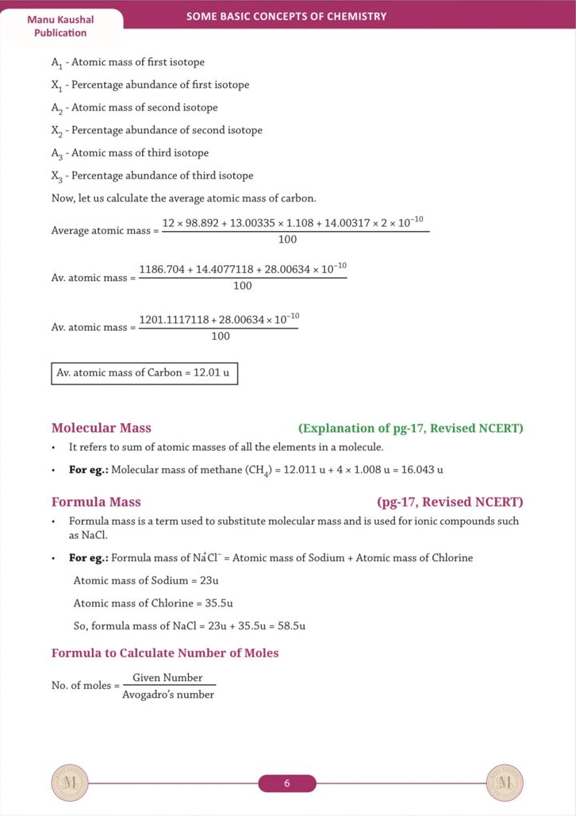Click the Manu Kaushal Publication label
click(60, 25)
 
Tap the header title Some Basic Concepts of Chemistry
click(286, 16)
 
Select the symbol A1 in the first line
click(56, 63)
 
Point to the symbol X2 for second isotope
click(56, 131)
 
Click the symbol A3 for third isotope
click(56, 153)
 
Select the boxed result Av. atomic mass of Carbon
click(144, 372)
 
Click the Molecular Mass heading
click(101, 428)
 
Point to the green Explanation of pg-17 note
click(410, 429)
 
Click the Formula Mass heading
click(96, 502)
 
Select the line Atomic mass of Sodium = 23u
click(135, 580)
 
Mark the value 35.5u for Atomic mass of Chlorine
click(218, 603)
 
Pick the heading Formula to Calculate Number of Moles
click(165, 653)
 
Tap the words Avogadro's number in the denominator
click(168, 695)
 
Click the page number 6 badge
click(287, 784)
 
